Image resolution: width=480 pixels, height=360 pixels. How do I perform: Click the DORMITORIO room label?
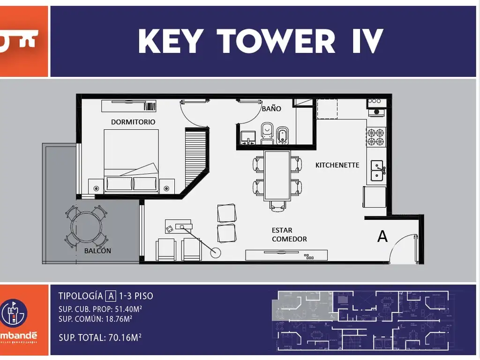[x=133, y=122]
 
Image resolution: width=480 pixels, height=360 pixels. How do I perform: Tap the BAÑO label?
[x=271, y=109]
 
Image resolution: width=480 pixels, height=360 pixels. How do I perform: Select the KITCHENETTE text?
[x=337, y=165]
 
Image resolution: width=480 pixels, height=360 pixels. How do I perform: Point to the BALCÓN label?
[x=97, y=251]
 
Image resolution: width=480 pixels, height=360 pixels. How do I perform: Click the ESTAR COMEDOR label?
[x=289, y=235]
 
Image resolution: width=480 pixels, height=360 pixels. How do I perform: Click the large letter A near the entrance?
[x=382, y=237]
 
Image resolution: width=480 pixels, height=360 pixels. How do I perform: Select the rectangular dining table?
[x=277, y=175]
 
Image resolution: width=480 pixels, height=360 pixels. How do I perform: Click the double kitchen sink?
[x=376, y=171]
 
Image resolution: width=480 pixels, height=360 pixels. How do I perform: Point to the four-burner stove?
[x=375, y=137]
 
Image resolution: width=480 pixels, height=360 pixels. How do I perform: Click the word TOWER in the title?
[x=277, y=41]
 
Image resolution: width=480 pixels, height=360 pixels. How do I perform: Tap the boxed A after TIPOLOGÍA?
[x=111, y=296]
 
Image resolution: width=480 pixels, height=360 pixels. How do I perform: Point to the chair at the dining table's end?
[x=277, y=206]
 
